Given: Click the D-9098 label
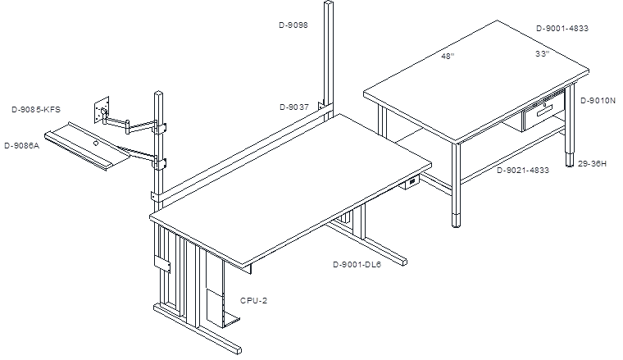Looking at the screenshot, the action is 293,25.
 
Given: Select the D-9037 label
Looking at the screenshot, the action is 294,107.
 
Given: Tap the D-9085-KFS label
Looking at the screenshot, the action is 36,109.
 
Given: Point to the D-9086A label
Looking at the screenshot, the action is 22,145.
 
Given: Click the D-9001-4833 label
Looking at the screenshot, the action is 562,28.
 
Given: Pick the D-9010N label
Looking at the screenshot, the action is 598,101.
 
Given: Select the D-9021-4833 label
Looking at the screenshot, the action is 523,170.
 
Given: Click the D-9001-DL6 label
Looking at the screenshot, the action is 357,265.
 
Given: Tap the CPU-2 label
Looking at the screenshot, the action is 253,300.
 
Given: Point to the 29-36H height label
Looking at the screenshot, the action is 592,163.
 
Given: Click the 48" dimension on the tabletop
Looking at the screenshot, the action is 448,56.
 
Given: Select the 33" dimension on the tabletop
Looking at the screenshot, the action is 543,53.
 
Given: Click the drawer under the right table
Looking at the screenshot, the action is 543,115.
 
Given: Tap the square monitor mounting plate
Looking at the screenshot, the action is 102,110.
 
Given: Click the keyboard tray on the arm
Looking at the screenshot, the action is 88,146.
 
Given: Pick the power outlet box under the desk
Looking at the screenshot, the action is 410,182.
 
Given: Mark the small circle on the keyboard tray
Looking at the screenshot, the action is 96,143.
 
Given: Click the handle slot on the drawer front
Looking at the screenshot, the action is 544,113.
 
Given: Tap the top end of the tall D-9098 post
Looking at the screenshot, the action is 329,2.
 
